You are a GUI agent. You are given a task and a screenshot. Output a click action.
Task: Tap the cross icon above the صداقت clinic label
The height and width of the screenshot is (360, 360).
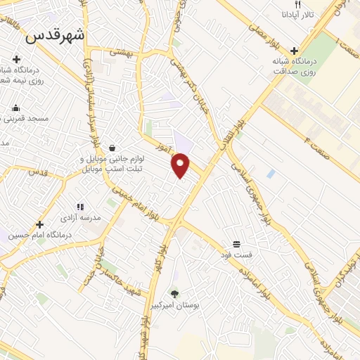point(294,50)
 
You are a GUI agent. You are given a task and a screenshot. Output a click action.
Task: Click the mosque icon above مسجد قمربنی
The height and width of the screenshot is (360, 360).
point(15,108)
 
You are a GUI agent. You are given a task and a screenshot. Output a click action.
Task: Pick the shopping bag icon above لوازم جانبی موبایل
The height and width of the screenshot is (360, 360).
point(112,148)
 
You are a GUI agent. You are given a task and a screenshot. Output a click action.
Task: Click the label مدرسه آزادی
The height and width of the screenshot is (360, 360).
point(81,217)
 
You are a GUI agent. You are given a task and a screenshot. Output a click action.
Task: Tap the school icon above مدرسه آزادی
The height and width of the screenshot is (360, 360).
point(80,207)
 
